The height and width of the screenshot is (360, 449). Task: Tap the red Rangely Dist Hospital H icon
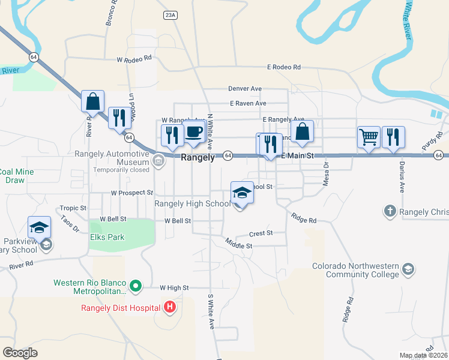click(170, 308)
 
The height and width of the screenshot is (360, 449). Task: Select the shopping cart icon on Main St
click(369, 136)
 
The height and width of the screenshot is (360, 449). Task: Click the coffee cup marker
click(193, 133)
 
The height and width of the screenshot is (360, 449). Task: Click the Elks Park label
click(108, 237)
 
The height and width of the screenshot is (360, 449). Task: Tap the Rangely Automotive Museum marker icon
click(158, 160)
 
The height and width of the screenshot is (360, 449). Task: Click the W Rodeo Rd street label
click(134, 60)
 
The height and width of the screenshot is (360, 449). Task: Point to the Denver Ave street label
click(245, 89)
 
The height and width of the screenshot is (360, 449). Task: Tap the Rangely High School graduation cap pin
click(242, 193)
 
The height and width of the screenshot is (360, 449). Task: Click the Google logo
click(20, 352)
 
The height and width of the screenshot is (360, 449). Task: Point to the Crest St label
click(261, 233)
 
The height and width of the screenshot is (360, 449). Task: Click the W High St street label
click(174, 288)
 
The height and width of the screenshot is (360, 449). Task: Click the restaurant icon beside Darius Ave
click(393, 136)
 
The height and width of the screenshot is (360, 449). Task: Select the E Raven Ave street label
click(247, 103)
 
